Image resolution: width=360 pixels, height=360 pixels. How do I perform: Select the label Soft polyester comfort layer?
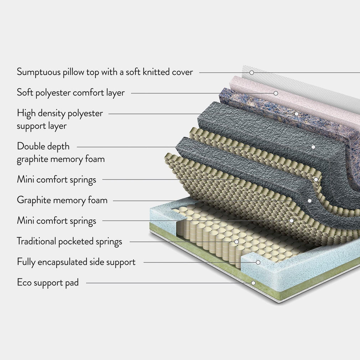pyautogui.click(x=71, y=93)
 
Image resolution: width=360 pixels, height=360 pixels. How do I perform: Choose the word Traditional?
pyautogui.click(x=36, y=241)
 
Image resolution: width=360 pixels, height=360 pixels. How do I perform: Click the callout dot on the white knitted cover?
pyautogui.click(x=252, y=72)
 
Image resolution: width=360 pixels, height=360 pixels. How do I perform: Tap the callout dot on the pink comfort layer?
pyautogui.click(x=276, y=93)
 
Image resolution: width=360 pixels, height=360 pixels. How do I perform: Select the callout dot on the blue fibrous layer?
pyautogui.click(x=296, y=114)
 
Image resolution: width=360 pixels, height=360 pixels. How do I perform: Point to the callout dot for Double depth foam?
pyautogui.click(x=313, y=146)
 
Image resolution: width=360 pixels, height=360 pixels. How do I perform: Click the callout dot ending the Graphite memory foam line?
pyautogui.click(x=310, y=201)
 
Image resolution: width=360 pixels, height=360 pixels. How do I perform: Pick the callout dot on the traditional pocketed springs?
pyautogui.click(x=236, y=242)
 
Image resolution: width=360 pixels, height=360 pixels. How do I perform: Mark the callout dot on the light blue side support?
pyautogui.click(x=258, y=262)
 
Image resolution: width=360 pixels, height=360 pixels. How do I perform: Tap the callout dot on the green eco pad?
pyautogui.click(x=253, y=283)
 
